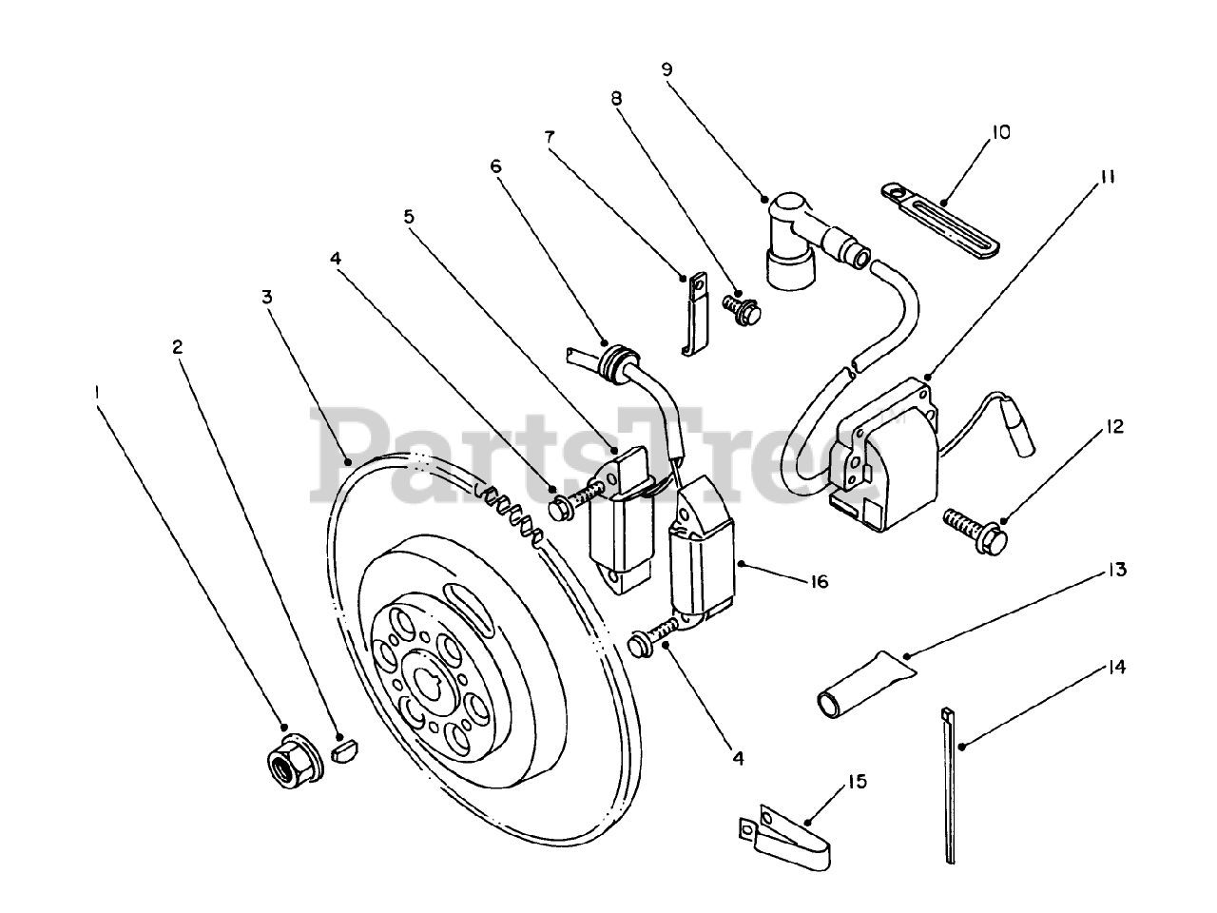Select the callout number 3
click(x=268, y=297)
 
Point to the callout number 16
click(x=820, y=581)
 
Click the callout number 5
click(x=409, y=216)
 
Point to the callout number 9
click(x=666, y=68)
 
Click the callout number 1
click(x=96, y=391)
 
